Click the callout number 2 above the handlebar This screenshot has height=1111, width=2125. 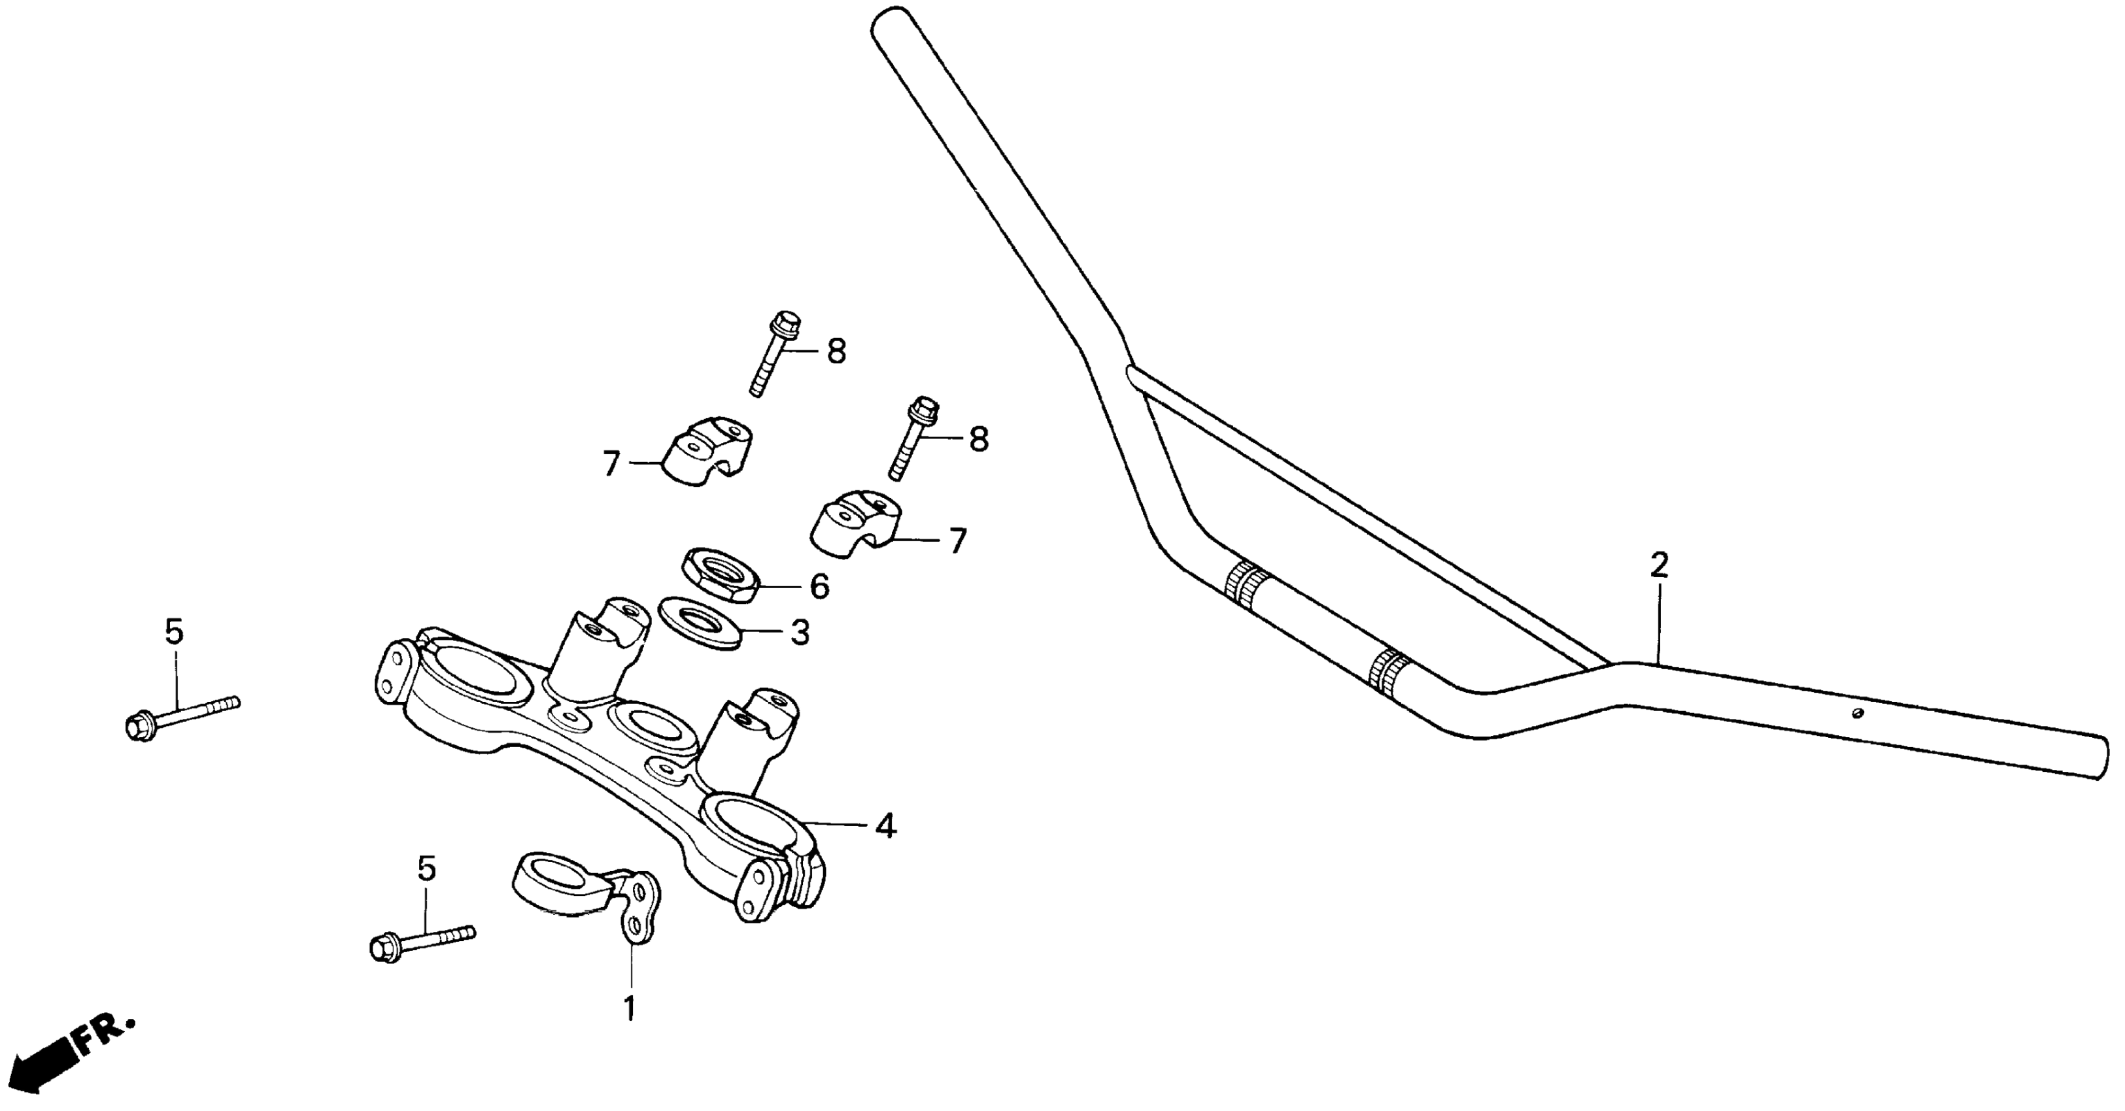coord(1658,565)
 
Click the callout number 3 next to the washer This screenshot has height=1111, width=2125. coord(800,633)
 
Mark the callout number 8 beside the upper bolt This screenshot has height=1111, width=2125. coord(836,352)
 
